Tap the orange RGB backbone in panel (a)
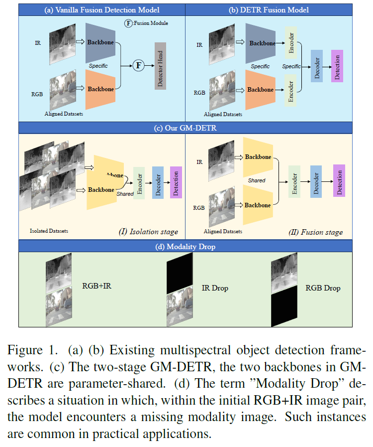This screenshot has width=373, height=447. (x=100, y=89)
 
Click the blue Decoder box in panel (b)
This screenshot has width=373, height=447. (x=317, y=66)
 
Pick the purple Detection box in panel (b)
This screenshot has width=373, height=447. (x=337, y=66)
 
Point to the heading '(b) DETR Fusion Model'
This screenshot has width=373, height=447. (x=276, y=9)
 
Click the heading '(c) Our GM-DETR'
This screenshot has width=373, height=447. (x=185, y=128)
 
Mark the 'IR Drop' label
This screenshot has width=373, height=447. (x=214, y=288)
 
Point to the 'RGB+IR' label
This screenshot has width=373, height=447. (x=96, y=286)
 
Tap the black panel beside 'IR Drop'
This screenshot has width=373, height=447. (x=179, y=272)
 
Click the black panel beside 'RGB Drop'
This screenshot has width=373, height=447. (x=283, y=309)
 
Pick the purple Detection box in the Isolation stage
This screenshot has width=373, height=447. (x=176, y=183)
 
